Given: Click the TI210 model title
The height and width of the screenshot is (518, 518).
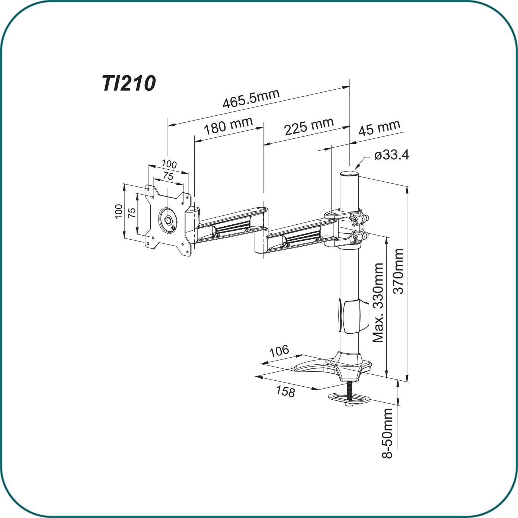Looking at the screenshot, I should (128, 83).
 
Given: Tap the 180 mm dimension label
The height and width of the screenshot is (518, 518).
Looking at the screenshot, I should (228, 126).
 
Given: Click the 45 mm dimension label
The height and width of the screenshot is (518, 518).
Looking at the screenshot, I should (379, 128).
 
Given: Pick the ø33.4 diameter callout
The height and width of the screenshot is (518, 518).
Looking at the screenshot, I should (391, 154).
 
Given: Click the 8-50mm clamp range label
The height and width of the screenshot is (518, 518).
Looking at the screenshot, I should (388, 433).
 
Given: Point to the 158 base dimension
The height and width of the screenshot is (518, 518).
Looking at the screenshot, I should (285, 391).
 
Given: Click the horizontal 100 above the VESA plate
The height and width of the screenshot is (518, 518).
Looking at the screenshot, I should (169, 164).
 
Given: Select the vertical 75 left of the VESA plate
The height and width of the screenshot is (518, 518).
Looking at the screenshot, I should (132, 213).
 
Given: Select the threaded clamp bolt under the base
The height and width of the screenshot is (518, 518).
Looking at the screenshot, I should (349, 391).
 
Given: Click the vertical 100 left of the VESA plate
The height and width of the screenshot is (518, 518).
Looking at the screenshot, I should (118, 211).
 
